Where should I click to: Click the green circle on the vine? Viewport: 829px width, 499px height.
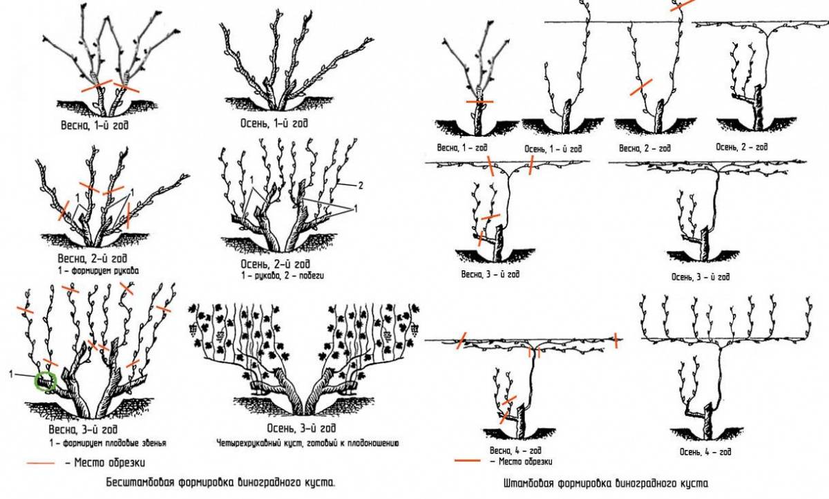tap(46, 380)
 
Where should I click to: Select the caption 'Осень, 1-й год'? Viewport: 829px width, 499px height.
tap(270, 124)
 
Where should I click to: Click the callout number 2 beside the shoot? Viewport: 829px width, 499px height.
tap(361, 185)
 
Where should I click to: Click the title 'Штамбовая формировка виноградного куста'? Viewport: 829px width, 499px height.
tap(606, 483)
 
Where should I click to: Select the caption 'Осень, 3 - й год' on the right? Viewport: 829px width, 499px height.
tap(699, 277)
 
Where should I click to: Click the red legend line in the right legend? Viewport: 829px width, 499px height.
tap(467, 460)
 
